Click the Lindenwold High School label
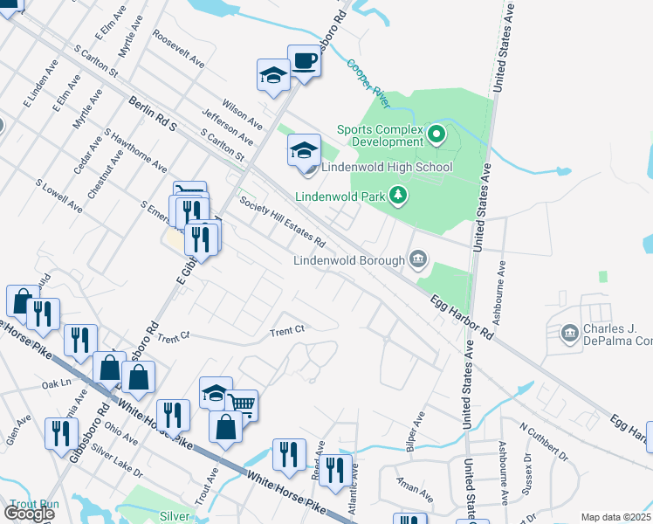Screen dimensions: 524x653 point(387,167)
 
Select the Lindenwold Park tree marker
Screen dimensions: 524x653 point(398,195)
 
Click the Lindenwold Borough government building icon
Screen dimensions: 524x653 point(418,259)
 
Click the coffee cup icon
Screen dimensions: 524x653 point(304,61)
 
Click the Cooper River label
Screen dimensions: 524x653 point(366,79)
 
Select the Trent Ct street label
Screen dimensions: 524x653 point(286,331)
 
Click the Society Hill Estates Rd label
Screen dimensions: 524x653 point(283,221)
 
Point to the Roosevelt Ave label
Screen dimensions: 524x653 point(177,51)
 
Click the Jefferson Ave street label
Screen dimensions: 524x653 point(227,128)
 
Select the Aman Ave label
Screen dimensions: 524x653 point(414,488)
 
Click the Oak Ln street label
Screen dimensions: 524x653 point(55,383)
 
